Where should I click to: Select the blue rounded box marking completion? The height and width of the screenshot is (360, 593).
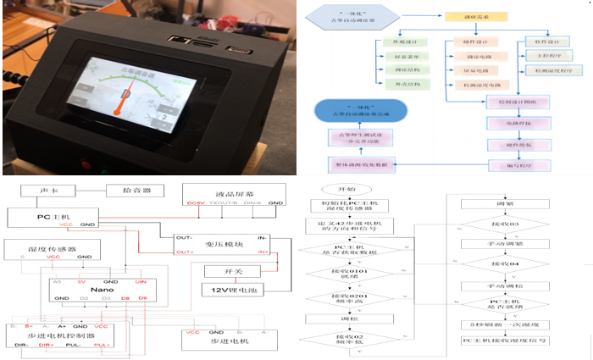pyautogui.click(x=360, y=109)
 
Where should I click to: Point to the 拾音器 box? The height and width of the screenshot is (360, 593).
pyautogui.click(x=129, y=191)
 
